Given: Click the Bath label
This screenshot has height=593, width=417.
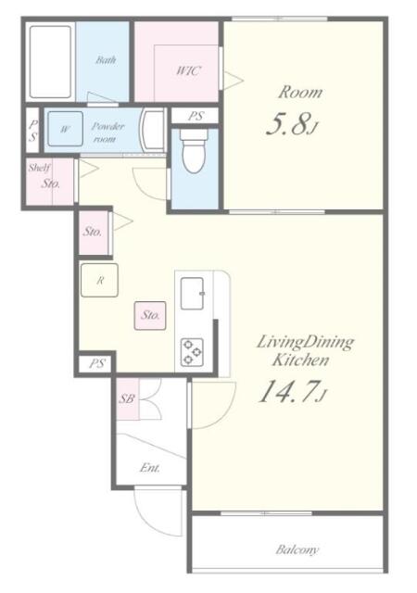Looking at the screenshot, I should [x=106, y=60].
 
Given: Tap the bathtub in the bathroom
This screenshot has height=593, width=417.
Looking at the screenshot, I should [x=50, y=63].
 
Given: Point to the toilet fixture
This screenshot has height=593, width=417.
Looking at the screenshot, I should [x=194, y=152].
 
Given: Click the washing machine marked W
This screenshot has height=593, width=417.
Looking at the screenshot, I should [x=64, y=129].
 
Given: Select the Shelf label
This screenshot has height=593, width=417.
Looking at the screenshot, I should [x=38, y=168].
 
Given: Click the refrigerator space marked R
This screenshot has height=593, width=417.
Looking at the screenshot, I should [x=97, y=280].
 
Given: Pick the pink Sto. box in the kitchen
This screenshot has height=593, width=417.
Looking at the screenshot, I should [x=151, y=315].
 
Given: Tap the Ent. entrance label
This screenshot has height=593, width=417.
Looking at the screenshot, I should [x=150, y=468].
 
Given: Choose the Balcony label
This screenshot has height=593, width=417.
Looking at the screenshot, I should [x=297, y=549].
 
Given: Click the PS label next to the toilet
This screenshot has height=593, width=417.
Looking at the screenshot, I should [x=195, y=116].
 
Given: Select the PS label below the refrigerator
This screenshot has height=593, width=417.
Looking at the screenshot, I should [x=96, y=365].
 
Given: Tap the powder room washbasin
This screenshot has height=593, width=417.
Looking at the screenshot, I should [x=152, y=131].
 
